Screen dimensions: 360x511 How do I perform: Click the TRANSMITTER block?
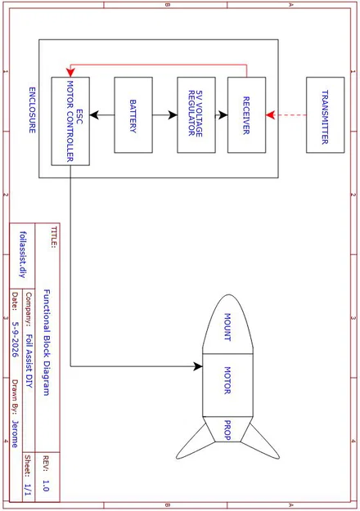(x=325, y=115)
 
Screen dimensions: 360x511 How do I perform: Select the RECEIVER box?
(x=246, y=115)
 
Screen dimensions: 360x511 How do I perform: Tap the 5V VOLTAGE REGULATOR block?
(x=196, y=115)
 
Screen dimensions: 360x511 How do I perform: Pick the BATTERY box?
(x=133, y=115)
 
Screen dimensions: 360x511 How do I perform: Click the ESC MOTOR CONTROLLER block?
(x=70, y=121)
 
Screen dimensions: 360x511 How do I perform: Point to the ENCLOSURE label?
(x=32, y=110)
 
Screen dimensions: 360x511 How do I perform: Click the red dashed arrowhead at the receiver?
(x=270, y=115)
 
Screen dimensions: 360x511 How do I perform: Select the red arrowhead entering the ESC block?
(x=70, y=73)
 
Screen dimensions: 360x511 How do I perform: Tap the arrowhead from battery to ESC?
(x=94, y=115)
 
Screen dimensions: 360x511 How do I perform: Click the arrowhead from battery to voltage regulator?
(x=173, y=115)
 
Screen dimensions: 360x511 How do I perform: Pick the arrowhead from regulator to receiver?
(x=223, y=115)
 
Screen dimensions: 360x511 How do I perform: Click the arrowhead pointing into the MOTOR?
(x=198, y=366)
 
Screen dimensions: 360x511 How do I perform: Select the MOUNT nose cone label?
(x=227, y=327)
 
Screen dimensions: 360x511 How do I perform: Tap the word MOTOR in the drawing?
(x=227, y=380)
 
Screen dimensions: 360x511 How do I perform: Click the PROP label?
(x=227, y=430)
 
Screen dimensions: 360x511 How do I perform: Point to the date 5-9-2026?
(x=16, y=339)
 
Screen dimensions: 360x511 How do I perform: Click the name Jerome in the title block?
(x=15, y=434)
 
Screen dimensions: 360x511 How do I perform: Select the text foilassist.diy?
(x=23, y=254)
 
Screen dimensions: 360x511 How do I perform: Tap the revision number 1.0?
(x=46, y=486)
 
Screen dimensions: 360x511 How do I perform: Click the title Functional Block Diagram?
(x=47, y=343)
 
